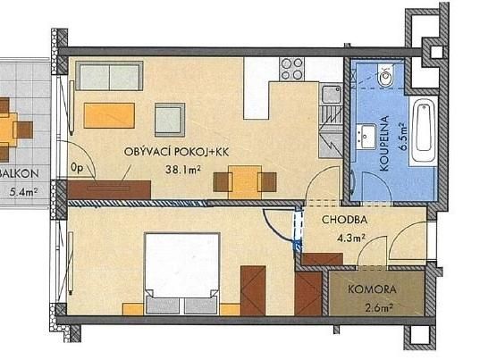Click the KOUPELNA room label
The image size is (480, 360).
pos(383,143)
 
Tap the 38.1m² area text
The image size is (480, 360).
pos(183,169)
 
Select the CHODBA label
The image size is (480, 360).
pos(345,220)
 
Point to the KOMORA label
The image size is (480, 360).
pos(372,289)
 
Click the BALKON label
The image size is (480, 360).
pos(19,173)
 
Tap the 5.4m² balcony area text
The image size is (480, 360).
pos(24,192)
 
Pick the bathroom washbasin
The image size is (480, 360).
pos(366,137)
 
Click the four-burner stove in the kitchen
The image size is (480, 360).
pos(292,69)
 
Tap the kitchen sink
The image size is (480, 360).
pos(332,95)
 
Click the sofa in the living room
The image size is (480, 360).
pos(109,76)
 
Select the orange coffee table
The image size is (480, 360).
pos(109,115)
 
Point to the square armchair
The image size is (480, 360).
pos(170,120)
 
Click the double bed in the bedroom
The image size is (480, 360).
pos(182,273)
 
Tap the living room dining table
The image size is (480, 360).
pos(245,182)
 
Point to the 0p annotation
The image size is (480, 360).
pos(77,168)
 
